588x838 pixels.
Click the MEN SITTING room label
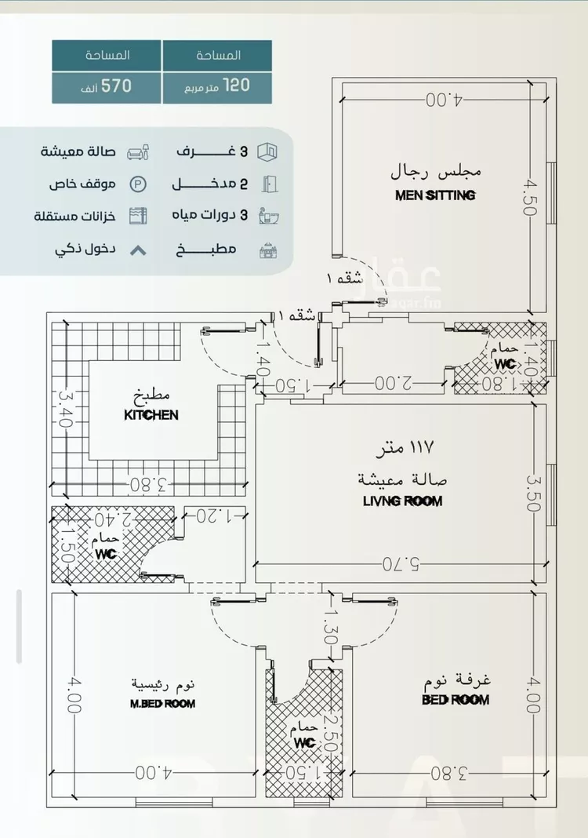click(x=435, y=195)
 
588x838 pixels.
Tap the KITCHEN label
click(x=151, y=415)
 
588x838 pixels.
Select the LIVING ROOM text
click(x=402, y=501)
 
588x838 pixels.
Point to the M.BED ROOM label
click(x=162, y=704)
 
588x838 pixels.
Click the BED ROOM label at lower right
click(x=456, y=699)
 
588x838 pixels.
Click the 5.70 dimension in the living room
click(x=401, y=563)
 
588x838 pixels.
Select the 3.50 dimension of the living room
click(x=533, y=493)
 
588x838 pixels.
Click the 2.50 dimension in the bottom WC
click(x=332, y=734)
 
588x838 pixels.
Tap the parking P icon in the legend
click(x=137, y=184)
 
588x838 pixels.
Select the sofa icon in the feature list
click(x=137, y=151)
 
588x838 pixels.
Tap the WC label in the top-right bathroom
click(x=504, y=364)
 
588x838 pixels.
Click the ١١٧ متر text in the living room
click(x=404, y=450)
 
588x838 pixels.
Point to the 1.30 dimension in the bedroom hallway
click(x=331, y=628)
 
